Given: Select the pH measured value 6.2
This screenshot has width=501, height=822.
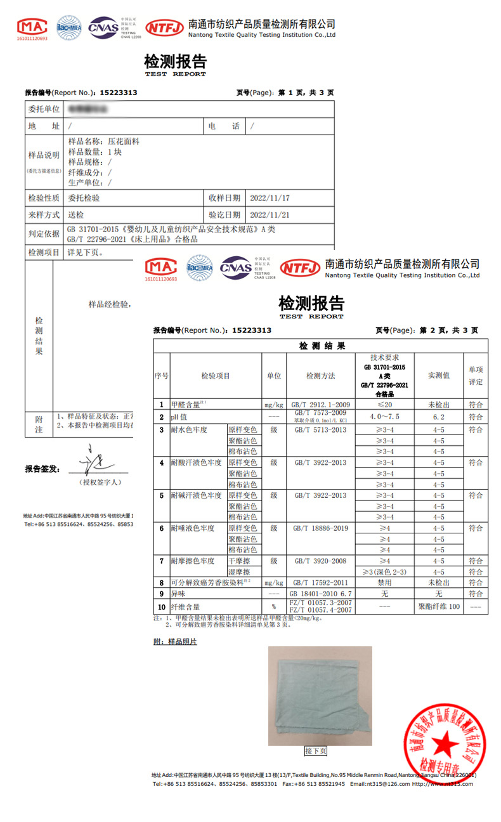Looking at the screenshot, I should [438, 417].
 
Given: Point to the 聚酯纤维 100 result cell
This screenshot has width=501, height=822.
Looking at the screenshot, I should [438, 607].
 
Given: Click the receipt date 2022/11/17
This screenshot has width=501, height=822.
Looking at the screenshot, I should [270, 199].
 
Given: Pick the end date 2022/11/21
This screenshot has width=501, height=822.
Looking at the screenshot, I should [270, 215].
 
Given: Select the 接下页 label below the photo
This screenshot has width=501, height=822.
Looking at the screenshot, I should [316, 752].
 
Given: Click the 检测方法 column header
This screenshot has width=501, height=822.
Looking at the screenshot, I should [320, 376].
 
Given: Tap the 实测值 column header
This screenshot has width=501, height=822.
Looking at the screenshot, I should [438, 376].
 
